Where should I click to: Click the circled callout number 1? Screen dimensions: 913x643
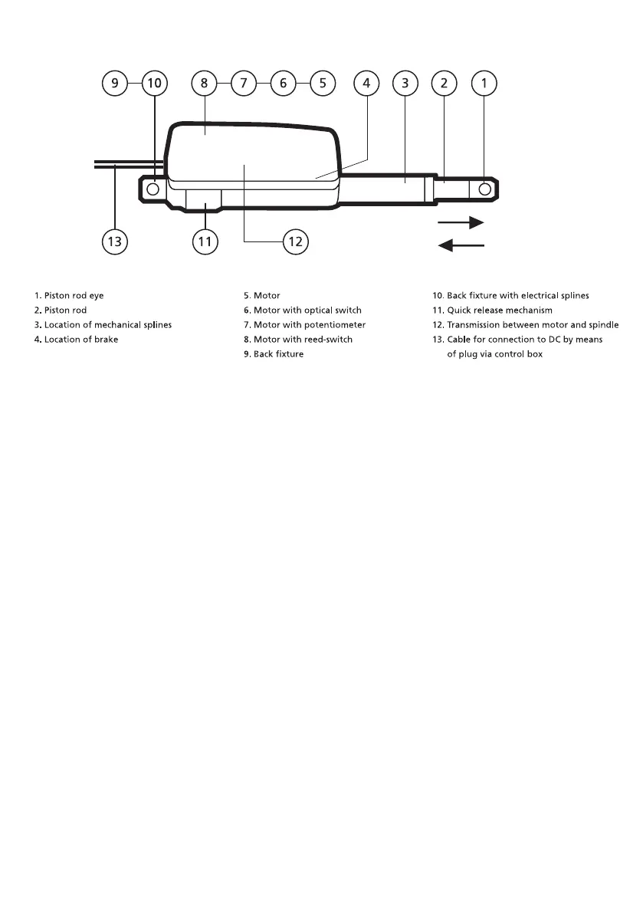(484, 83)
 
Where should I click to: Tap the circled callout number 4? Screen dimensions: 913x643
(366, 83)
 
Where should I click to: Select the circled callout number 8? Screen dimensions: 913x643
(204, 83)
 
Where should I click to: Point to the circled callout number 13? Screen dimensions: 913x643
(114, 242)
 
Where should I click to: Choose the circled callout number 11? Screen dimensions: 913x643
(204, 242)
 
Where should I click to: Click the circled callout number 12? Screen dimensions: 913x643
(294, 242)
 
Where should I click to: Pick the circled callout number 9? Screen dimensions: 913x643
(115, 83)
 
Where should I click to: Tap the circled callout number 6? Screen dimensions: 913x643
(283, 83)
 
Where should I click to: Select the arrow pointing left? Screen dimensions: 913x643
(461, 245)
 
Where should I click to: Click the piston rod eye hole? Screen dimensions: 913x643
(484, 189)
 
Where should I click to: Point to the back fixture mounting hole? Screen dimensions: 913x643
(153, 189)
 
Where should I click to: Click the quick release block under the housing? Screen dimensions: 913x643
(204, 199)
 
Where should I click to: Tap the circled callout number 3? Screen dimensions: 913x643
(405, 83)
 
